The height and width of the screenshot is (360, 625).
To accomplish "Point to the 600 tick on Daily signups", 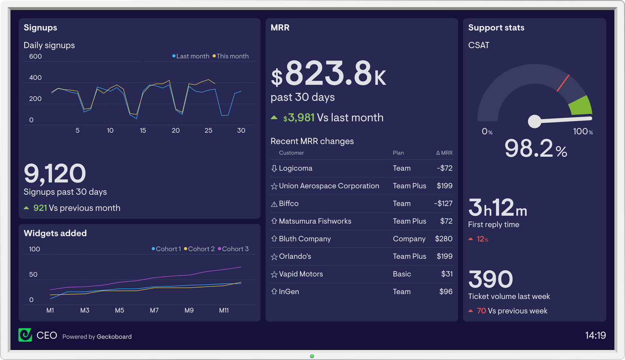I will (36, 56).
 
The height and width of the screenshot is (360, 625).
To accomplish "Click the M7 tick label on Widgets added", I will (154, 310).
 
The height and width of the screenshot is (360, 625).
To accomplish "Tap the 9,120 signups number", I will (55, 174).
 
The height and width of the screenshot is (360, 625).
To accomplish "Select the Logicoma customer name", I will (295, 168).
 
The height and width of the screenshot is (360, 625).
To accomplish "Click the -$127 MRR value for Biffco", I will (443, 204).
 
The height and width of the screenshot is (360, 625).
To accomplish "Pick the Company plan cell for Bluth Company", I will (409, 239).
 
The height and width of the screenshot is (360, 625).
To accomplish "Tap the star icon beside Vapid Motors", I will (274, 274).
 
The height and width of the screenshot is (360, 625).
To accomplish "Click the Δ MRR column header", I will (444, 153).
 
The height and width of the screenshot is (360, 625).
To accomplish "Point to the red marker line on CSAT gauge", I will (563, 83).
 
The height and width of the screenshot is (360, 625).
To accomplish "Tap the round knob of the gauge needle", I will (534, 122).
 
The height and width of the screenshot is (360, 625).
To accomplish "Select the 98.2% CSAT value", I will (536, 149).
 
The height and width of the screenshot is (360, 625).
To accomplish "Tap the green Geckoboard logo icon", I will (25, 335).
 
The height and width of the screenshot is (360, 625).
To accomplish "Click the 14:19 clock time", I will (595, 335).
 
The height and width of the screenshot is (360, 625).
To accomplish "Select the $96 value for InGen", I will (446, 292).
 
